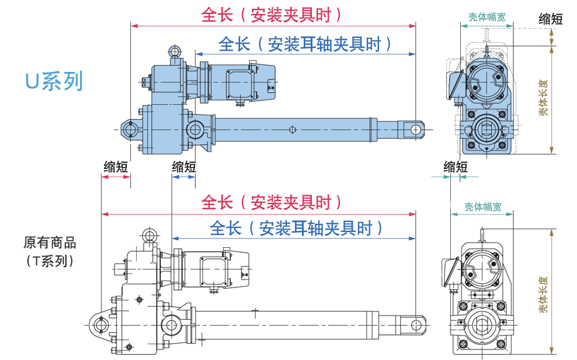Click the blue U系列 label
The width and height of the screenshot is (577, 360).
point(54,81)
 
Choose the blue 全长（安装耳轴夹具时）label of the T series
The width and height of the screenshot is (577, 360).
point(297,228)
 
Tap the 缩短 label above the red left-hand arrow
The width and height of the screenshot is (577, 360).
point(116,166)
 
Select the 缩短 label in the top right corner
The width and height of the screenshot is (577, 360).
point(550,19)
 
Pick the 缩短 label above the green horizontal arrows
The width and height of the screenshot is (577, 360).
point(455,167)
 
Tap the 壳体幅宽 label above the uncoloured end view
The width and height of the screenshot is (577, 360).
point(482,206)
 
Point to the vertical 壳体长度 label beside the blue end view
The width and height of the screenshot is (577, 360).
point(544,99)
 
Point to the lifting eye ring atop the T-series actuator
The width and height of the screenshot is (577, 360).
point(150,235)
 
